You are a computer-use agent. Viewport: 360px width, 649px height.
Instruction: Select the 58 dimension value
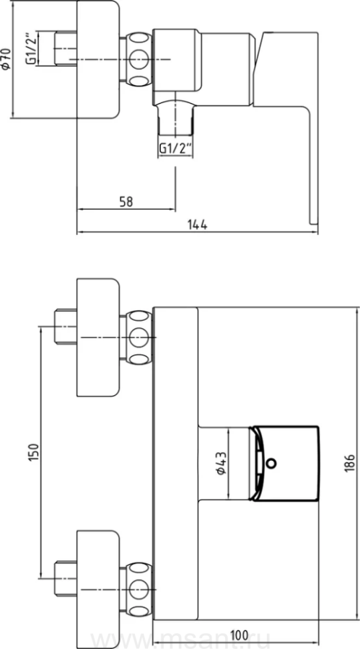click(126, 202)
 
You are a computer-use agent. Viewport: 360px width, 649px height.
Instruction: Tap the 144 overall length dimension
click(197, 225)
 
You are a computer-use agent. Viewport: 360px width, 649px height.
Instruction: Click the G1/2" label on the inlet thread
click(32, 48)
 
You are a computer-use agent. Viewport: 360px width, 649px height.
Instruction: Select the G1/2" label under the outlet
click(175, 149)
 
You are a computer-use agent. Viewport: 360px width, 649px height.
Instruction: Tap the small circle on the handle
click(271, 463)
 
